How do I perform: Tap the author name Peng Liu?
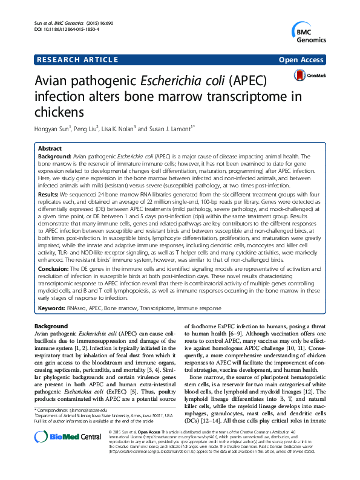point(87,128)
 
